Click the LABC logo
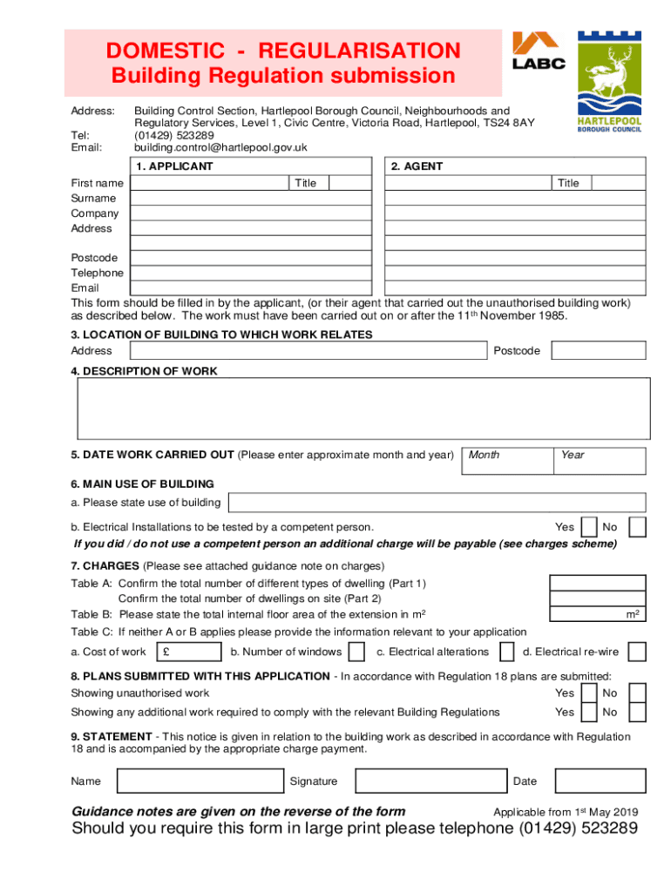point(539,51)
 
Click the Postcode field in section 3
point(599,350)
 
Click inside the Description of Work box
point(364,409)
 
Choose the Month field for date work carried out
point(510,461)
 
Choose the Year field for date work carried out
point(600,461)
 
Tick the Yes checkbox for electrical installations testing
point(588,527)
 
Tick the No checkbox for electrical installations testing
point(637,527)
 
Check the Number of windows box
point(356,652)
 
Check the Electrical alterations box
point(506,652)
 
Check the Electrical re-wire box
point(637,652)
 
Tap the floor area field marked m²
point(597,614)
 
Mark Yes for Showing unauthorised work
point(588,693)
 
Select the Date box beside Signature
point(600,781)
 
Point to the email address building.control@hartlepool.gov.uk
point(220,147)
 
